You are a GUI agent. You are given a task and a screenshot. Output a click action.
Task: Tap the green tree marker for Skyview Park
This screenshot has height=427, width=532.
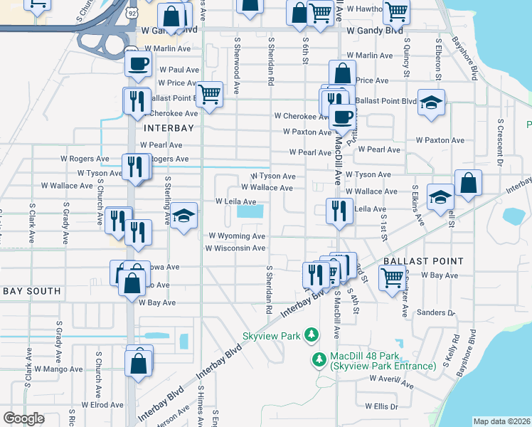[x=311, y=334]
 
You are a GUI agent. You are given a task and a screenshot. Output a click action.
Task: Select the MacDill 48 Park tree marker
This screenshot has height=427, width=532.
[x=319, y=360]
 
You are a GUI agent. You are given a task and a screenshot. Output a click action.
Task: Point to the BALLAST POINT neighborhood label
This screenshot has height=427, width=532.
[x=423, y=262]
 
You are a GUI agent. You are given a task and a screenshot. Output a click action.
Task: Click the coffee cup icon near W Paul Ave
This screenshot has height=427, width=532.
[x=139, y=64]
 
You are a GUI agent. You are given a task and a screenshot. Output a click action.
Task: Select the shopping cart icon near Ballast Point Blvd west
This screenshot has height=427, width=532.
[x=209, y=93]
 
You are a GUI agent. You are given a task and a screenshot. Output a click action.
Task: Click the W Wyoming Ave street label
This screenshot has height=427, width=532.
[x=237, y=236]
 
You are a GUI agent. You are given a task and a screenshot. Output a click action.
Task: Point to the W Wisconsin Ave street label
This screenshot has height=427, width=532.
[x=235, y=248]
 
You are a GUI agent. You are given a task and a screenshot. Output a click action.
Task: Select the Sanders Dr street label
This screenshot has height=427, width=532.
[x=436, y=312]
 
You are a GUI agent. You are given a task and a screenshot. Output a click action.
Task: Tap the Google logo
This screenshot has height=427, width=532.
[x=23, y=418]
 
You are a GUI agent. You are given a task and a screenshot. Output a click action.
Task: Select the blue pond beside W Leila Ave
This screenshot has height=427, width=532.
[x=250, y=211]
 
